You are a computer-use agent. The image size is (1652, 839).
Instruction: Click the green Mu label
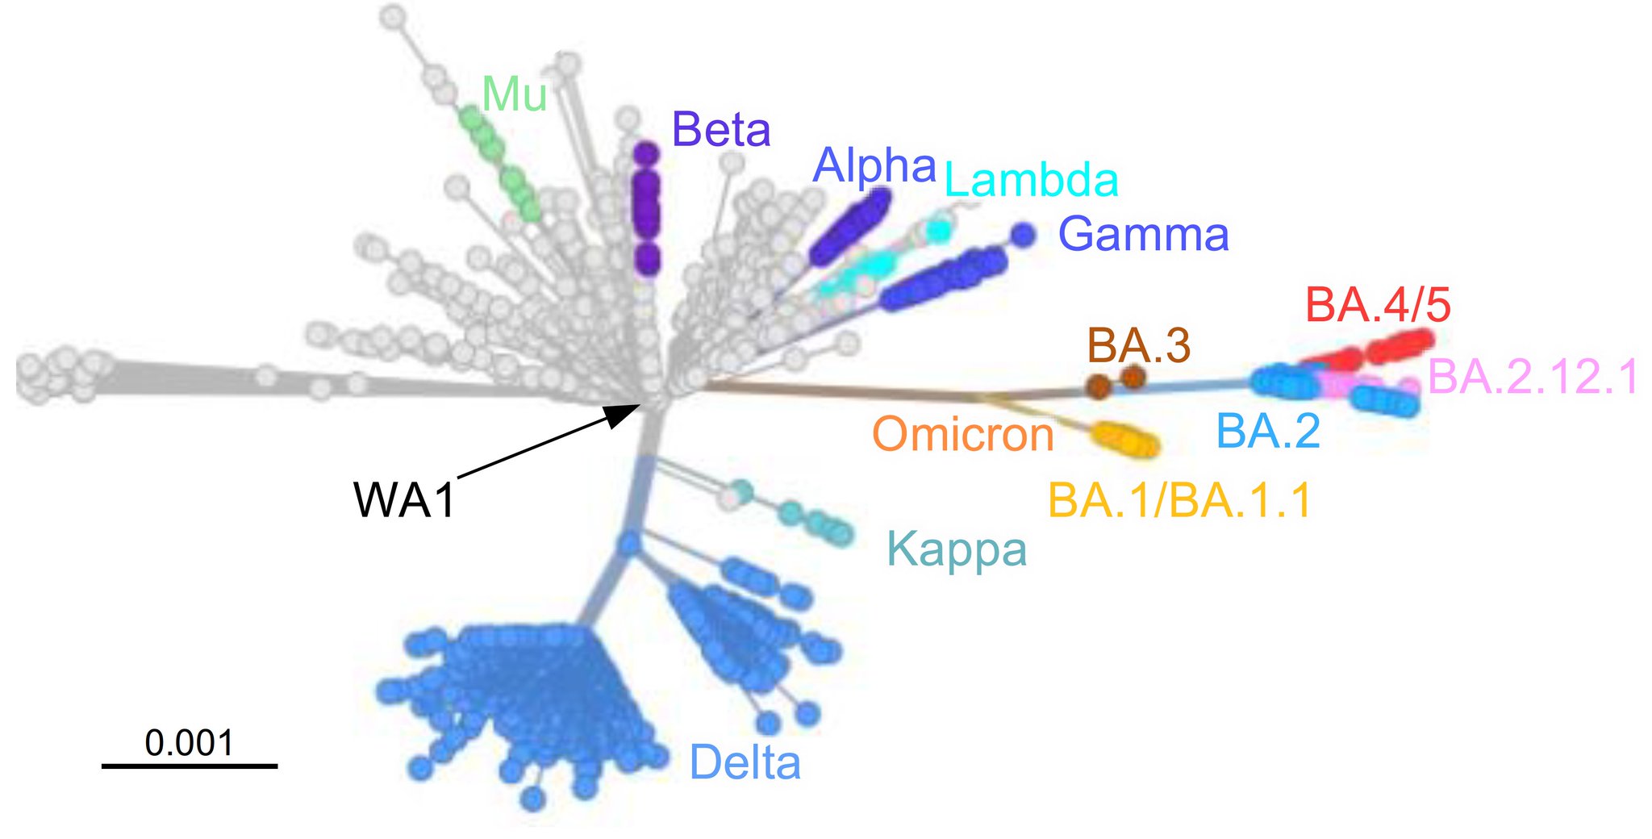pyautogui.click(x=514, y=95)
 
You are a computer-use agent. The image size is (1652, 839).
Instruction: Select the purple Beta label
pyautogui.click(x=721, y=130)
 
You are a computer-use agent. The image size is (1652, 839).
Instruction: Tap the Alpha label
pyautogui.click(x=874, y=165)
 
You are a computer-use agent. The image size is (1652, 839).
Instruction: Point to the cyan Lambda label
pyautogui.click(x=1031, y=181)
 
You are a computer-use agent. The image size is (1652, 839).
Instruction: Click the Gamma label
pyautogui.click(x=1143, y=235)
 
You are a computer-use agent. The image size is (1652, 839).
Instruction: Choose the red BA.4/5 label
pyautogui.click(x=1378, y=306)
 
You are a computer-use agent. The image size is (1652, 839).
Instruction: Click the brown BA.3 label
pyautogui.click(x=1138, y=346)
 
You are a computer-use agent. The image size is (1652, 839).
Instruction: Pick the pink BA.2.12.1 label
pyautogui.click(x=1533, y=377)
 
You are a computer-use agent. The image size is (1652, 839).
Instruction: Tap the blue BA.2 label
pyautogui.click(x=1268, y=431)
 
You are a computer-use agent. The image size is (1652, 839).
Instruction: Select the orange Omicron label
pyautogui.click(x=963, y=434)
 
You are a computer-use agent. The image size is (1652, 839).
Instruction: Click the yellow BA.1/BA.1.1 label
pyautogui.click(x=1180, y=500)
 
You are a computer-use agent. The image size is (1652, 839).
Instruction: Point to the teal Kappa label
pyautogui.click(x=957, y=550)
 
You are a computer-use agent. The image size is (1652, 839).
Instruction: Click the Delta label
pyautogui.click(x=745, y=763)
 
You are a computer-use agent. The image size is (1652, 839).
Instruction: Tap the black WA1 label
pyautogui.click(x=405, y=500)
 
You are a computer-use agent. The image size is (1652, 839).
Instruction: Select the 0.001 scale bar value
pyautogui.click(x=190, y=743)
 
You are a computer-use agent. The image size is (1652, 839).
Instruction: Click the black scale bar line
pyautogui.click(x=190, y=765)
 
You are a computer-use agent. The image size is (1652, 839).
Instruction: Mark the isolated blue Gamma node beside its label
pyautogui.click(x=1023, y=235)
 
